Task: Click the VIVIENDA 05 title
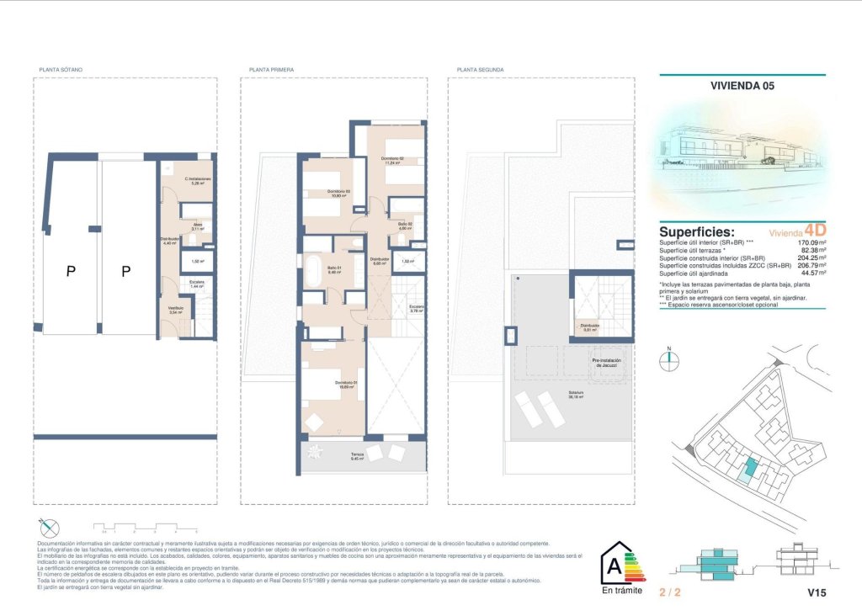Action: pos(742,85)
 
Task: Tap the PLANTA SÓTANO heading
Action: pos(61,70)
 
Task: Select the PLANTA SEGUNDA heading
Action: pos(477,70)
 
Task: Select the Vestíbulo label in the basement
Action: pos(175,310)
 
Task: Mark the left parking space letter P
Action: pos(71,271)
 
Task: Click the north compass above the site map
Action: pos(669,357)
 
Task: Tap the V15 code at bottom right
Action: pos(817,593)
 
